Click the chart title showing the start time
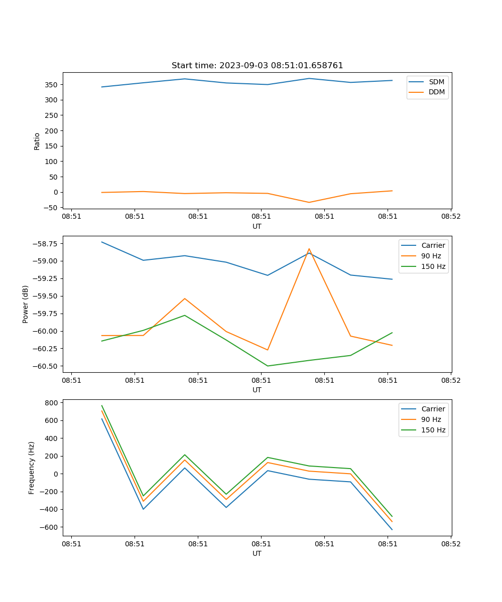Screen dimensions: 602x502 (257, 66)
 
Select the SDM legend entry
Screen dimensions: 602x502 (436, 82)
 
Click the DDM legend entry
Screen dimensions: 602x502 (437, 92)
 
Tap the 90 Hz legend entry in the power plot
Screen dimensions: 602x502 (431, 256)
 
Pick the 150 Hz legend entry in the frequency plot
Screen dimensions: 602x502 (433, 430)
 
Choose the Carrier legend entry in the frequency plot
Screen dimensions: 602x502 (433, 409)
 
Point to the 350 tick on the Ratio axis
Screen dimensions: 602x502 (52, 84)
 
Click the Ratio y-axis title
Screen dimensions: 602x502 (37, 141)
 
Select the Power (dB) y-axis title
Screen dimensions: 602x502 (26, 304)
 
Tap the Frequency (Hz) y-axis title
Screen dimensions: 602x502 (32, 468)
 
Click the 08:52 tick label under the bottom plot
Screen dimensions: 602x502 (450, 544)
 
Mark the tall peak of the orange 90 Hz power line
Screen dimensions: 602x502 (309, 249)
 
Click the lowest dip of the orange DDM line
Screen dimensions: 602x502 (309, 202)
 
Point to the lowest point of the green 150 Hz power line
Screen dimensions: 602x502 (268, 366)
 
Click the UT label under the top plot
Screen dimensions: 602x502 (257, 226)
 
